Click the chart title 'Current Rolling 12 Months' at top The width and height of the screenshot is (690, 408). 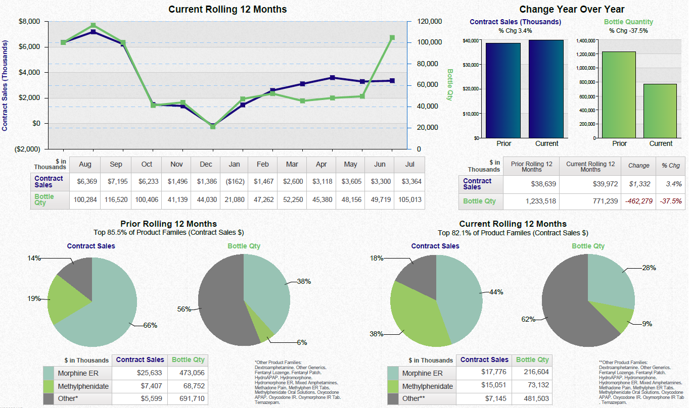[x=227, y=10]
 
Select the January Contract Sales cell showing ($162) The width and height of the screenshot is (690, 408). [x=235, y=181]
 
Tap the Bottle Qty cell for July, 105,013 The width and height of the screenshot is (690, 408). [x=410, y=200]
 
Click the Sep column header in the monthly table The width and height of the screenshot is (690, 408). [x=116, y=165]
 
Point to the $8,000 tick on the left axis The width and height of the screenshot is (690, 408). [x=29, y=22]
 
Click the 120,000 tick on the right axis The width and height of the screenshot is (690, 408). [x=430, y=22]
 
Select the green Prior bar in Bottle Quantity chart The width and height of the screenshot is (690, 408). [x=619, y=94]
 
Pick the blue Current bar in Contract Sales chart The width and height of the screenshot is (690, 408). [x=546, y=89]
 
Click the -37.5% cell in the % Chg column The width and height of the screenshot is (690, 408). [x=671, y=201]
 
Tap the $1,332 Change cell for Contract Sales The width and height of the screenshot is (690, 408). [x=639, y=184]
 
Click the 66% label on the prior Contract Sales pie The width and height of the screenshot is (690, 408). [x=150, y=326]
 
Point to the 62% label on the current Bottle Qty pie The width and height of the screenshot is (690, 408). [x=529, y=319]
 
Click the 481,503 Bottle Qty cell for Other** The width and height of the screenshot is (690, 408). [x=533, y=398]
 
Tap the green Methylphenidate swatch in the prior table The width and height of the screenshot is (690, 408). [x=49, y=386]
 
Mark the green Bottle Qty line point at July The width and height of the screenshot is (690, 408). [x=392, y=38]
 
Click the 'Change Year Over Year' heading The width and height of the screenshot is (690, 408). [x=571, y=10]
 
